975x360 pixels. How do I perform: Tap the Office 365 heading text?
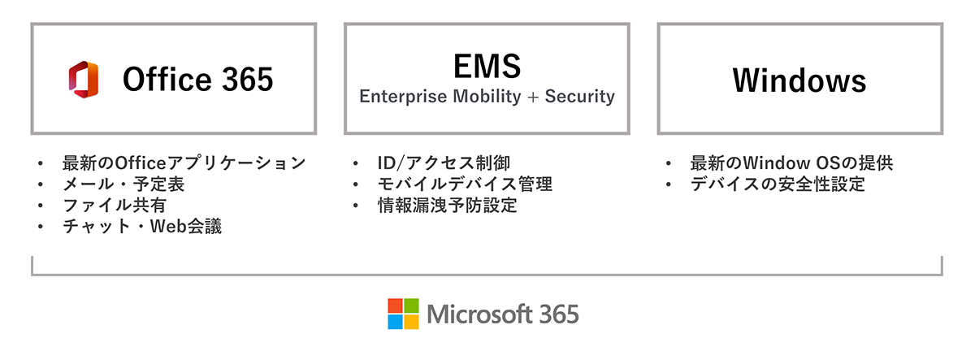(x=197, y=80)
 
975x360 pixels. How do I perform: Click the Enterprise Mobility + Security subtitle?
(x=487, y=97)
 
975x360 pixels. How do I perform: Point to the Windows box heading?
(x=799, y=80)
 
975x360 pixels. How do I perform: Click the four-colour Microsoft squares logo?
(x=403, y=314)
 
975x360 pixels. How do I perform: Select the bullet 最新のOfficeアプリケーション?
(x=184, y=163)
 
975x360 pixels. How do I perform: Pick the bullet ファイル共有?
(x=114, y=205)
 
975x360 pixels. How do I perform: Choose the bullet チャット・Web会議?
(x=142, y=226)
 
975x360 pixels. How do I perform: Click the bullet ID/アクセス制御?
(x=444, y=163)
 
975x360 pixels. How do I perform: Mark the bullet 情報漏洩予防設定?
(x=447, y=205)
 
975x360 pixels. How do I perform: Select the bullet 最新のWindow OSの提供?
(x=791, y=163)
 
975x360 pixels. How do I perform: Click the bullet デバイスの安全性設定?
(x=778, y=184)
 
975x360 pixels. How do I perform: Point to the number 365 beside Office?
(x=245, y=80)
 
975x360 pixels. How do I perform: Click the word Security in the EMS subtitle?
(x=579, y=97)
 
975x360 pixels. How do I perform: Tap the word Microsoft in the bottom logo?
(x=477, y=314)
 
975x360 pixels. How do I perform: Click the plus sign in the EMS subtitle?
(x=532, y=98)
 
